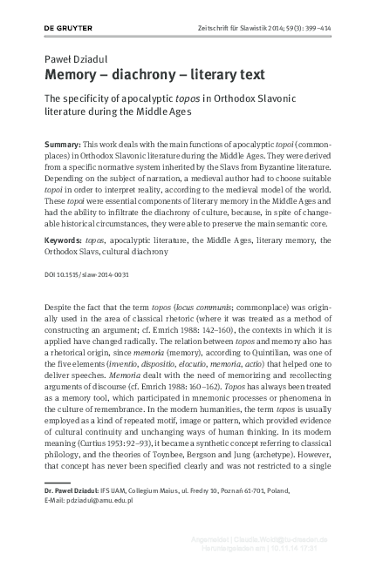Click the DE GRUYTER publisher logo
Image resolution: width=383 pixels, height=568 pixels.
coord(67,28)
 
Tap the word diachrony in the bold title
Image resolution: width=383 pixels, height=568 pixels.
coord(153,74)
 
